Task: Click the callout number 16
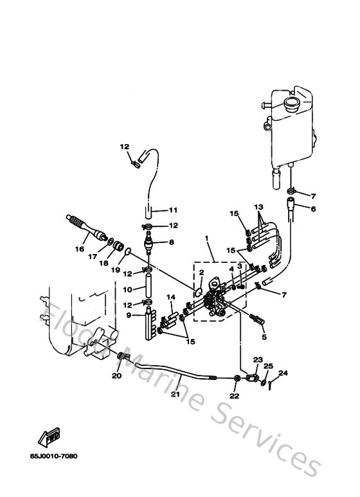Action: pyautogui.click(x=81, y=249)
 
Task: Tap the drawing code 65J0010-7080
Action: pyautogui.click(x=53, y=456)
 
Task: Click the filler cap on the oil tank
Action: pyautogui.click(x=290, y=102)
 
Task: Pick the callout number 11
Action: pyautogui.click(x=172, y=210)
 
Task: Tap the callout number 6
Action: pyautogui.click(x=314, y=208)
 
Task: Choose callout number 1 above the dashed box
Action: pyautogui.click(x=207, y=239)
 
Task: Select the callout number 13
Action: pyautogui.click(x=258, y=207)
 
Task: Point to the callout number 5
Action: pyautogui.click(x=262, y=336)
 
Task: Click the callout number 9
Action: pyautogui.click(x=128, y=315)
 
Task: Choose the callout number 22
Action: pyautogui.click(x=233, y=396)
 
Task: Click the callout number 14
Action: pyautogui.click(x=171, y=296)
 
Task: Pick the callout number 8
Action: pyautogui.click(x=172, y=242)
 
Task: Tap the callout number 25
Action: pyautogui.click(x=269, y=366)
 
